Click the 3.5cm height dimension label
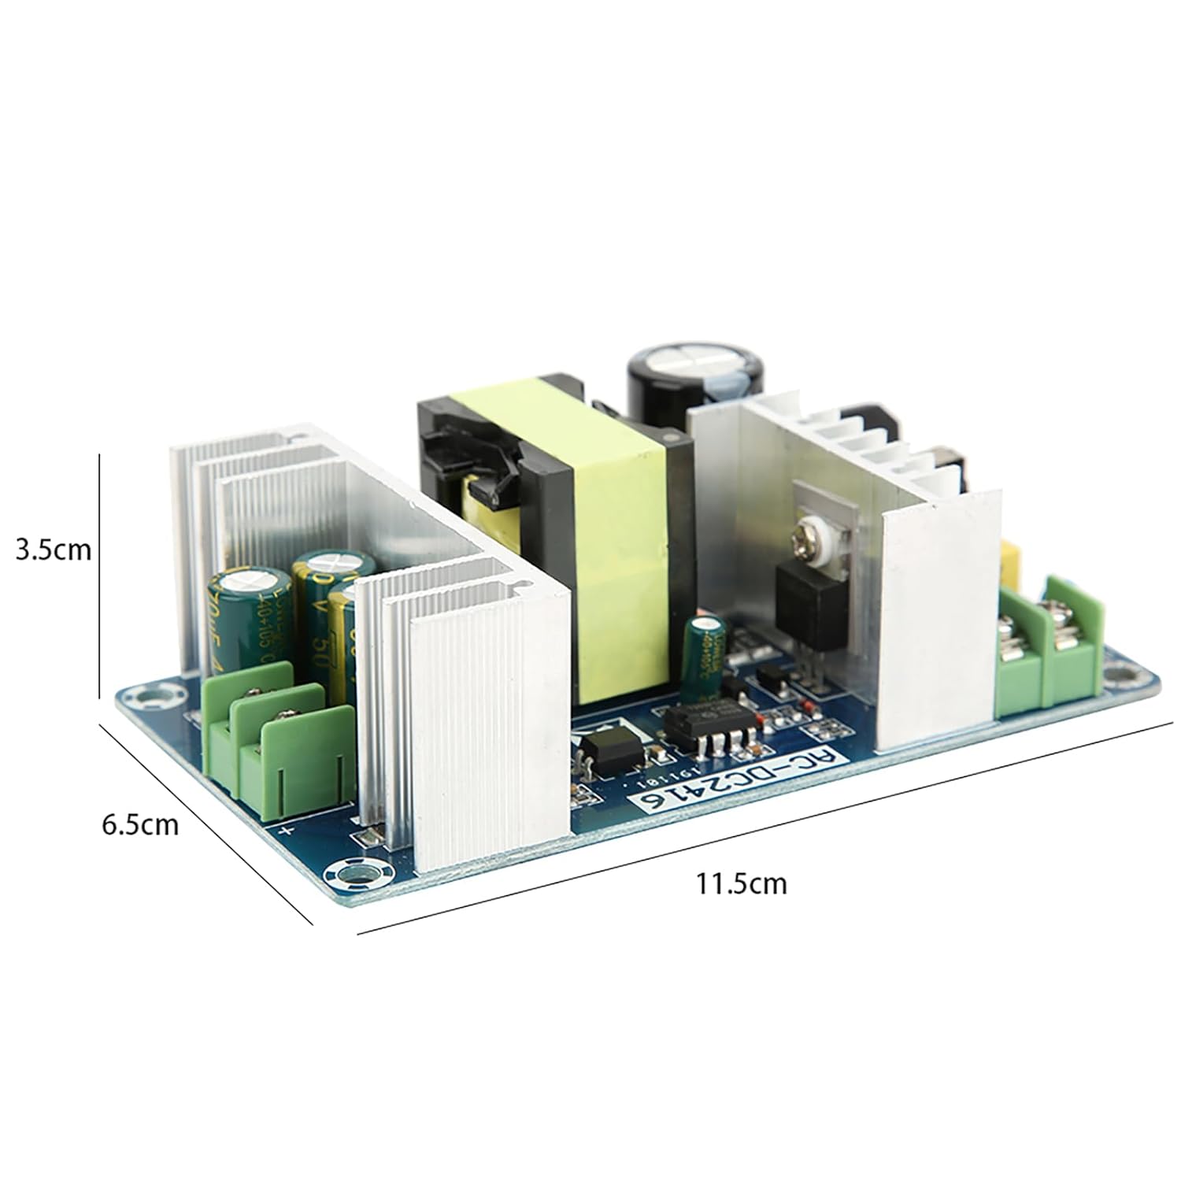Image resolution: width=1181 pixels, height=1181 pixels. pyautogui.click(x=54, y=549)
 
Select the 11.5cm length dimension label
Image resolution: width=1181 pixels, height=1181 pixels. pyautogui.click(x=740, y=883)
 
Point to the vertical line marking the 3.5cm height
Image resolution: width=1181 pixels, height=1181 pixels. pyautogui.click(x=98, y=575)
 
